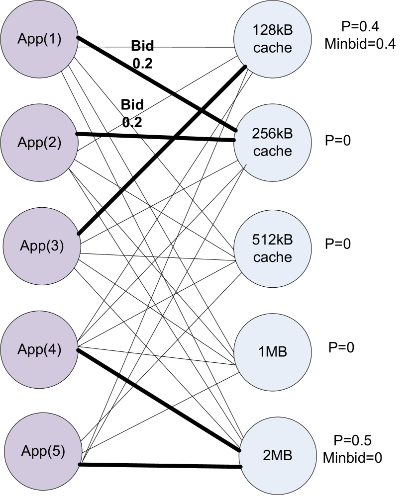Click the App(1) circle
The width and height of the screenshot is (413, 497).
pyautogui.click(x=39, y=39)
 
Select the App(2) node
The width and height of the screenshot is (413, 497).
pyautogui.click(x=39, y=143)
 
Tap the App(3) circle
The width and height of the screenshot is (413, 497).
pyautogui.click(x=42, y=246)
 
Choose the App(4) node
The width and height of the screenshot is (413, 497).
pyautogui.click(x=39, y=349)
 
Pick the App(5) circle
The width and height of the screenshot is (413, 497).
pyautogui.click(x=43, y=452)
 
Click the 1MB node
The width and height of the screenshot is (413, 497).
pyautogui.click(x=272, y=352)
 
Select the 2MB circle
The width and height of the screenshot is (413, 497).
pyautogui.click(x=278, y=456)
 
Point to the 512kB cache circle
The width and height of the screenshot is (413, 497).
pyautogui.click(x=272, y=248)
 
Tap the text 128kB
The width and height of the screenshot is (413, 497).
pyautogui.click(x=272, y=31)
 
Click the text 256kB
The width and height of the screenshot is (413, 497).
pyautogui.click(x=272, y=134)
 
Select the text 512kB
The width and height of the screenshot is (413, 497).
pyautogui.click(x=272, y=240)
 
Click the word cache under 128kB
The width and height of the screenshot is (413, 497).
pyautogui.click(x=272, y=48)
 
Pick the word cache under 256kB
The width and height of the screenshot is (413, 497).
pyautogui.click(x=272, y=151)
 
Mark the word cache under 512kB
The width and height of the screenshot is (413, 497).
pyautogui.click(x=272, y=257)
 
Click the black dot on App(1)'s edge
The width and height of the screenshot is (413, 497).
pyautogui.click(x=78, y=38)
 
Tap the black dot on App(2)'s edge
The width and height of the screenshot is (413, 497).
pyautogui.click(x=76, y=134)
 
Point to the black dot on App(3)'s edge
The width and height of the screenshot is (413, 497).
pyautogui.click(x=78, y=234)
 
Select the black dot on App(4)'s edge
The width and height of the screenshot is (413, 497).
pyautogui.click(x=78, y=350)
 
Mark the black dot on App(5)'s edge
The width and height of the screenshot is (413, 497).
pyautogui.click(x=80, y=464)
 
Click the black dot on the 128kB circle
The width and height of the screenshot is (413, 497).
pyautogui.click(x=245, y=67)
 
